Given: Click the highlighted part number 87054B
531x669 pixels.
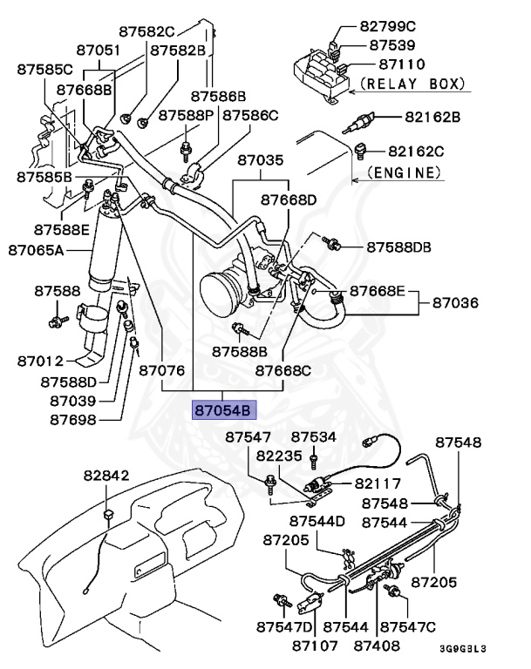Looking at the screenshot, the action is [224, 410].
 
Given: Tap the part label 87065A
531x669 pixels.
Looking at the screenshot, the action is [36, 250].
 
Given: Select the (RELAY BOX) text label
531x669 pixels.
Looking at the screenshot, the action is [412, 84].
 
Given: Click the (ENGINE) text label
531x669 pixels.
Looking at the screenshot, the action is [404, 172].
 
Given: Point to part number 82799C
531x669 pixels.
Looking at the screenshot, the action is [387, 26].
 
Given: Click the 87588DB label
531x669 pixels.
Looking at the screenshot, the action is [399, 247].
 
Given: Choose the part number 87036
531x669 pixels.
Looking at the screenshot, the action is [455, 303].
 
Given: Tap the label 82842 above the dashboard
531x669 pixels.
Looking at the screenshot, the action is [106, 476].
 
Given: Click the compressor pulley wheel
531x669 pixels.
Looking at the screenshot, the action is [219, 291].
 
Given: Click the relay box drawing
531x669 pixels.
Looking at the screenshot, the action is [321, 72].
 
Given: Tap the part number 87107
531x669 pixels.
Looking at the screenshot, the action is [315, 646].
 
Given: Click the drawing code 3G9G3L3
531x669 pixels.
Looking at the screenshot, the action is [463, 649].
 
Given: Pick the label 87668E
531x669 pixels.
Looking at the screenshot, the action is [378, 291].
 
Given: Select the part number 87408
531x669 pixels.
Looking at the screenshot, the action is [377, 646].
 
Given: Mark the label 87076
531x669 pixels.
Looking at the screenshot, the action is [162, 370].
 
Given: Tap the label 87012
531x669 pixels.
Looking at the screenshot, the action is [40, 362].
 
